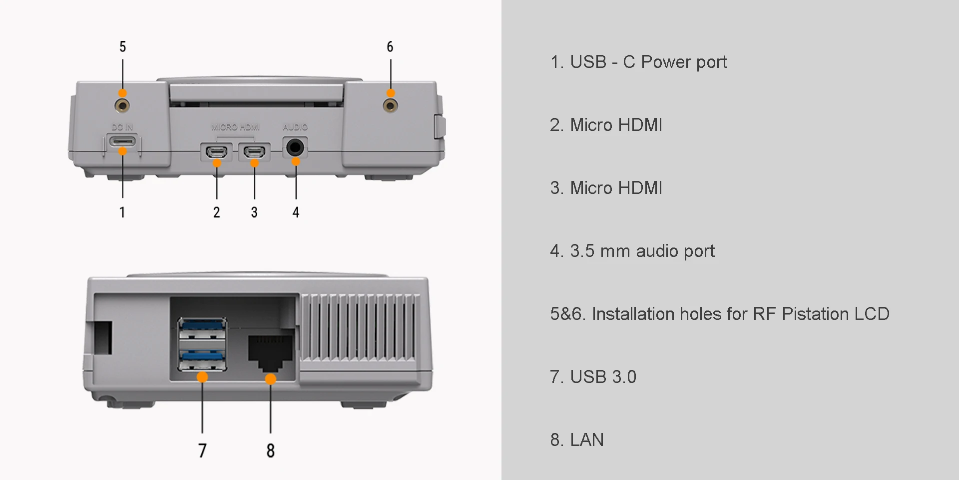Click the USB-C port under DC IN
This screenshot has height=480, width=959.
pos(122,140)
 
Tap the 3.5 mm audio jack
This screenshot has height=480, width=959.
pos(295,147)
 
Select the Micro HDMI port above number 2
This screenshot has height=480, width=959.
pos(217,151)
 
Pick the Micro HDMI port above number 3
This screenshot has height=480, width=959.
pos(254,151)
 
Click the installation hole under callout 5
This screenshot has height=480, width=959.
pos(122,105)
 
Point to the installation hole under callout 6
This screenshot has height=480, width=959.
pos(390,105)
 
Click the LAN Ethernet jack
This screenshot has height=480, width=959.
pos(270,353)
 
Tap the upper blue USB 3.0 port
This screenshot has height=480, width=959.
pos(202,329)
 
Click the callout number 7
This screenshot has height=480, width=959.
pos(202,450)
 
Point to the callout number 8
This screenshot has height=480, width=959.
pos(271,450)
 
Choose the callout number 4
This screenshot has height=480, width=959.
pos(296,212)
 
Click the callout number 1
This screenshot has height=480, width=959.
pos(122,212)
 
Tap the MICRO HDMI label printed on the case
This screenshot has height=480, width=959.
pos(235,127)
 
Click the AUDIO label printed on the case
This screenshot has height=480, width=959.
pos(295,127)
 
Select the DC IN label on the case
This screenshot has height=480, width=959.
pos(122,127)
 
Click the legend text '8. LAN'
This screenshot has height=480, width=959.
pos(577,440)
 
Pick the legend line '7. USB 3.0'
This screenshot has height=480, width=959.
pos(593,377)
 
